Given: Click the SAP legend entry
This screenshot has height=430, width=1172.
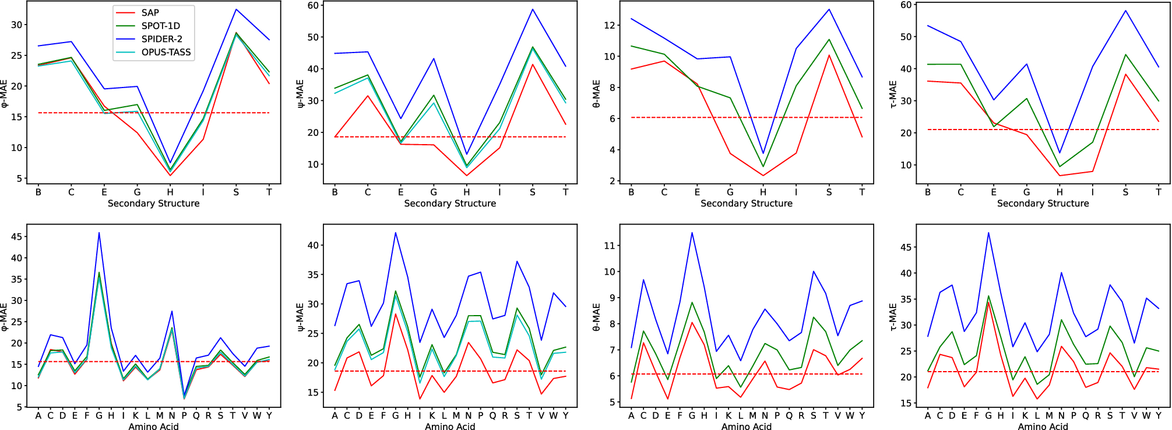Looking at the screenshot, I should (150, 12).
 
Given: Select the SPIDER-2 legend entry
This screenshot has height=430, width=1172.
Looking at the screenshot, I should (161, 39).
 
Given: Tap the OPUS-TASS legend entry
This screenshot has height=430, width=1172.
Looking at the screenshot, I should (166, 52).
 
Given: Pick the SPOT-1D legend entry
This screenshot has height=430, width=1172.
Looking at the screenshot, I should (160, 26).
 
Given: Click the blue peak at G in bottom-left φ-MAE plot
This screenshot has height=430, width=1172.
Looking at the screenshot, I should (99, 233).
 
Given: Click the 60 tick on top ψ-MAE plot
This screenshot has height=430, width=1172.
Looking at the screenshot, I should (313, 5).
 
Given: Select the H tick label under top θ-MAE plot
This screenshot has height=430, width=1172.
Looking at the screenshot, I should (763, 192).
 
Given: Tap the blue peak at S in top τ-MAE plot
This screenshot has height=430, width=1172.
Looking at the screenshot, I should (1125, 11).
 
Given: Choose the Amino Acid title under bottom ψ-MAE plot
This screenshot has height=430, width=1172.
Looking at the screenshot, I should (450, 426).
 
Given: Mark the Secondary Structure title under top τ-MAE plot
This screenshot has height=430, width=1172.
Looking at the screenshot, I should (1043, 203).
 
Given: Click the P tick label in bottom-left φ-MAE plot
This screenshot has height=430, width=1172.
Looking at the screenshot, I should (184, 415).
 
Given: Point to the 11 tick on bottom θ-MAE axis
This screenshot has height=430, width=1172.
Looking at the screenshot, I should (610, 246).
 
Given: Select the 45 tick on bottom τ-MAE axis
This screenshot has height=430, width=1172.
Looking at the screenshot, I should (906, 247).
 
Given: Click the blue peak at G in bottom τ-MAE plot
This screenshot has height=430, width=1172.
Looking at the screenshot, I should (988, 233).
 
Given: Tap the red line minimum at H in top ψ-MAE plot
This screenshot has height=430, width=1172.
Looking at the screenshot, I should (467, 176).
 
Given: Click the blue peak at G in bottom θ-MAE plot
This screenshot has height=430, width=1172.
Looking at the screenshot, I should (692, 233).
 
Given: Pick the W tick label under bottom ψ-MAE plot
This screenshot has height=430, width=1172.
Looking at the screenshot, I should (553, 415).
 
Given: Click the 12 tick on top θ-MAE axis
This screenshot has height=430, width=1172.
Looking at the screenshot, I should (610, 25).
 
